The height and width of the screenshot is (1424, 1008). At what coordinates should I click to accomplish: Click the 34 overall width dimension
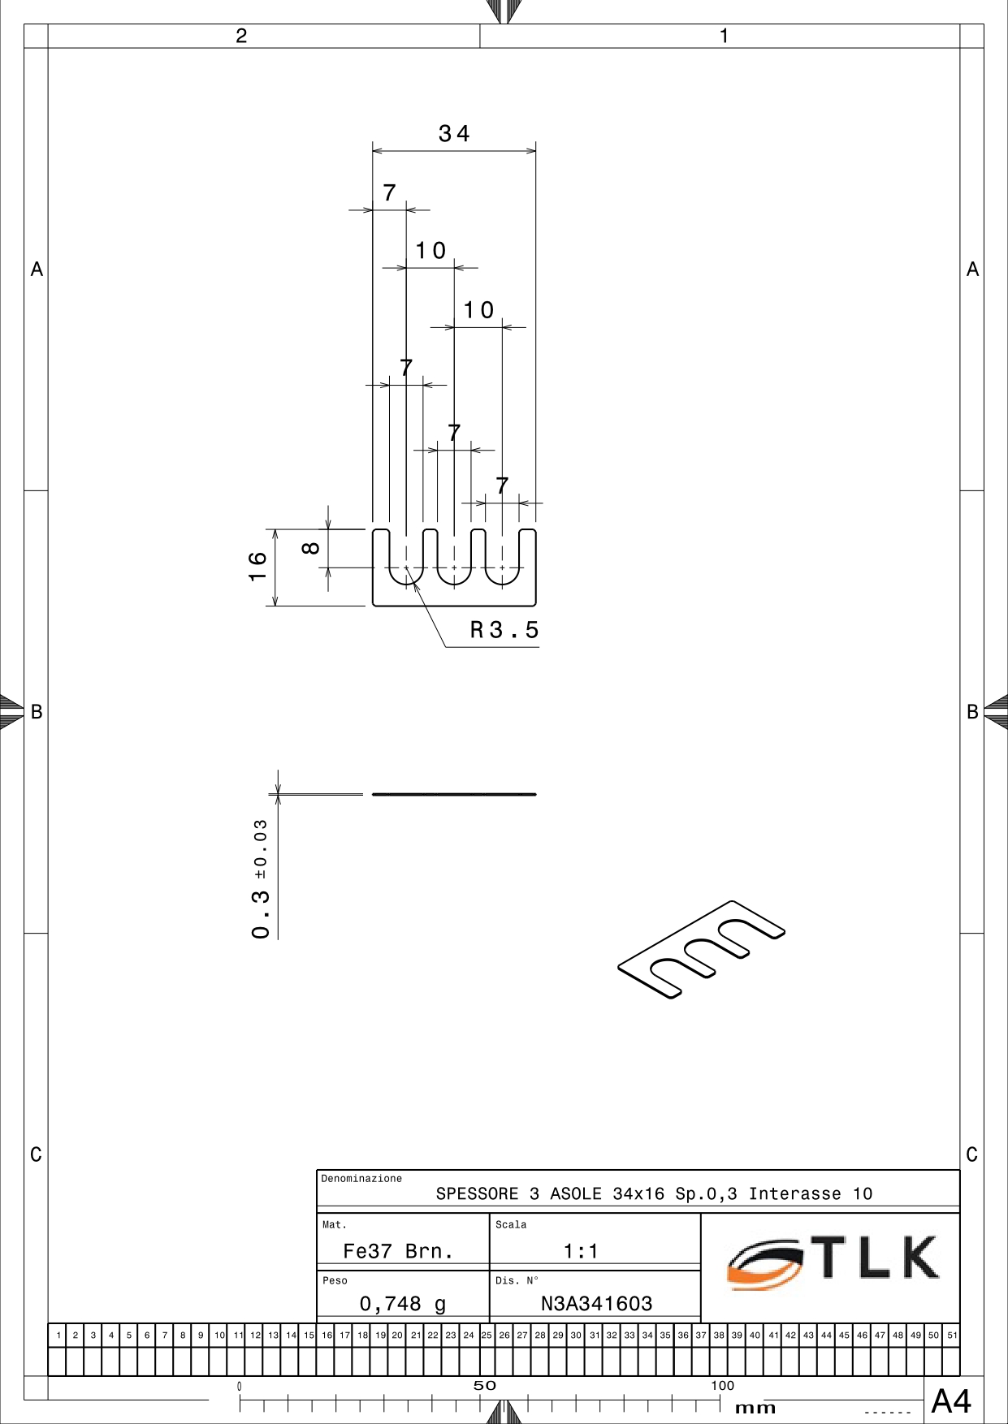point(454,134)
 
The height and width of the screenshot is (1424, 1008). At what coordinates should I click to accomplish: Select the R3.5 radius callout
point(504,630)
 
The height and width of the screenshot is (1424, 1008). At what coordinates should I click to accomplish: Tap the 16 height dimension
point(257,566)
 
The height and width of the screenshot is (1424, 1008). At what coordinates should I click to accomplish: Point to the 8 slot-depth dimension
point(310,548)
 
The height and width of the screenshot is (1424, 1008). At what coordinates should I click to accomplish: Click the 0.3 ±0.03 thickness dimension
point(260,879)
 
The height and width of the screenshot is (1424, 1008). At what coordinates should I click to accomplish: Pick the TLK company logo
point(833,1262)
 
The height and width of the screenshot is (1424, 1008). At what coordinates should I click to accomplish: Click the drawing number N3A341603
point(597,1304)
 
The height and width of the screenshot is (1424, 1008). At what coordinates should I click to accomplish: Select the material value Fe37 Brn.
point(398,1251)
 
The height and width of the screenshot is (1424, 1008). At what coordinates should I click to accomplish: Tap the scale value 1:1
point(581,1251)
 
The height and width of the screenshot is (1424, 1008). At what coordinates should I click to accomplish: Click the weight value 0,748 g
point(403,1304)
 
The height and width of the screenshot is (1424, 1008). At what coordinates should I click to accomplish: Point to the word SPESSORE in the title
point(477,1193)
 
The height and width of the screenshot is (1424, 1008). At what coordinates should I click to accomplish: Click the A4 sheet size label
point(951,1401)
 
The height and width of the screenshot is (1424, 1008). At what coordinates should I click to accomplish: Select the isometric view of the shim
point(702,949)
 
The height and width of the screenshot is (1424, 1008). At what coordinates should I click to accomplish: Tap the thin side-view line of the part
point(454,794)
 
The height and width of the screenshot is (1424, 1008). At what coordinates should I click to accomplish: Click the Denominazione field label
point(361,1179)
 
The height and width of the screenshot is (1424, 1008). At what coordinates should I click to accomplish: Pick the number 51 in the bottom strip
point(952,1335)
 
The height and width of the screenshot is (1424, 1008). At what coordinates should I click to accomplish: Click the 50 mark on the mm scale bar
point(484,1386)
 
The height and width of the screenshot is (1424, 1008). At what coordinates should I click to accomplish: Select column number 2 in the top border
point(241,36)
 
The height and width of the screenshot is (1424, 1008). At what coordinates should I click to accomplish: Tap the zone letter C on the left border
point(36,1154)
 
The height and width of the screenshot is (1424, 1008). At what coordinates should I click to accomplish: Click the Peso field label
point(335,1281)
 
